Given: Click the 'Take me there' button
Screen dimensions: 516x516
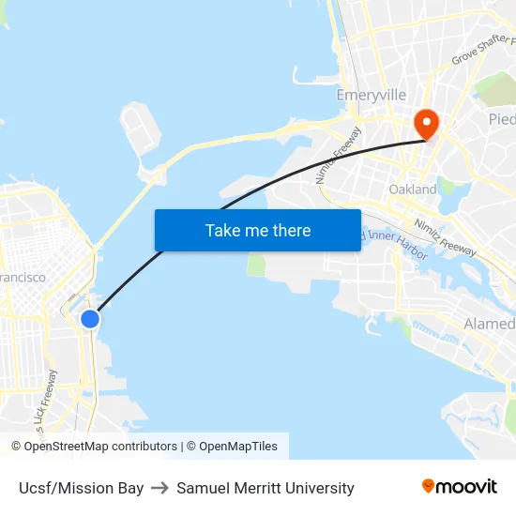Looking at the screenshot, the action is coord(257,230).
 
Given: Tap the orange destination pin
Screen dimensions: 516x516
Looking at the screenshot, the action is coord(426,123).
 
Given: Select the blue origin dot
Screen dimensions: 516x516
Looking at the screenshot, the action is coord(90,319).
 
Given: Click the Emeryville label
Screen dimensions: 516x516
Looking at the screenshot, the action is coord(372,96).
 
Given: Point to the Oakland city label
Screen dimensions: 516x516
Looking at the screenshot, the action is coord(413,190).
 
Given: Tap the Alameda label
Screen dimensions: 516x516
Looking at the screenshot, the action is coord(490,325).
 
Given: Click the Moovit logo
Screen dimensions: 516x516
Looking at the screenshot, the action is coord(460,487).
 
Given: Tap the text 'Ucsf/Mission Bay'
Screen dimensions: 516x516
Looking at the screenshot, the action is coord(81,488).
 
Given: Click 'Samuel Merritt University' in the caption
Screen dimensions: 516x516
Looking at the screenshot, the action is coord(266,488).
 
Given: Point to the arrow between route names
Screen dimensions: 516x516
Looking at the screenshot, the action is coord(159,488).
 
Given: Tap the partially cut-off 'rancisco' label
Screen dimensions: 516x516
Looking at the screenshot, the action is coord(23,278).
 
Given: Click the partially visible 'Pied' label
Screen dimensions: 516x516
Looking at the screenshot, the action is coord(502,119).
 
